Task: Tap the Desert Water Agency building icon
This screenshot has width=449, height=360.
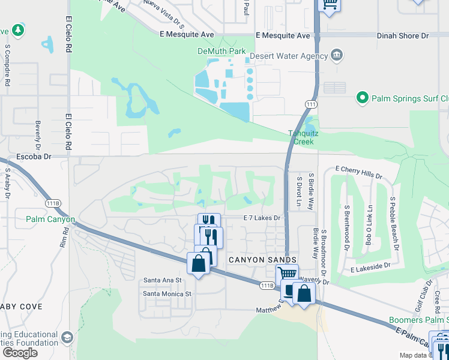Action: [337, 56]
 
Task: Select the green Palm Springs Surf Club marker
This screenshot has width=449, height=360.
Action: [362, 97]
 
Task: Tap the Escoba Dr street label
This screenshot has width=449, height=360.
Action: [36, 156]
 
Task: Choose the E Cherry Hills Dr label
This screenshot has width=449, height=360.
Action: [358, 173]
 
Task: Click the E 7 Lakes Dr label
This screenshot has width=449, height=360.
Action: [262, 218]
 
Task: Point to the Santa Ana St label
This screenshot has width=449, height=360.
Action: [162, 280]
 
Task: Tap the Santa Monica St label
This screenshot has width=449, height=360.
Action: [166, 294]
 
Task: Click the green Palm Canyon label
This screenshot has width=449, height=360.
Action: [50, 219]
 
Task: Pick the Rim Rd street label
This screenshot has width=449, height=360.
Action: [64, 241]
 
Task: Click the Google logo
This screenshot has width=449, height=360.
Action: [20, 353]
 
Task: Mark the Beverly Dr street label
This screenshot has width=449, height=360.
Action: [38, 135]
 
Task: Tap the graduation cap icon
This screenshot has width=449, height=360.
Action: [67, 337]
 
